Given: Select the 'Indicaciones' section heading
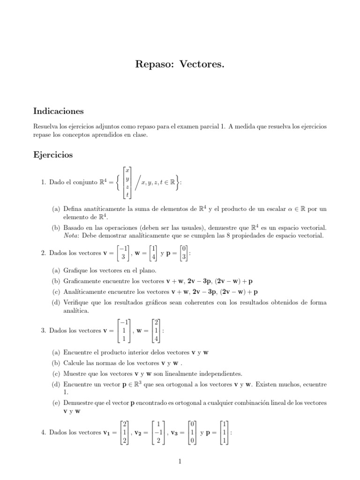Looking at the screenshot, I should [x=58, y=111].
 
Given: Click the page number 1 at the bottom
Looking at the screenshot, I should [x=180, y=461].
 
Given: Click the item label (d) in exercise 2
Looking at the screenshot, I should [x=56, y=302].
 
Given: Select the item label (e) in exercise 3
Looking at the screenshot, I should [x=56, y=403].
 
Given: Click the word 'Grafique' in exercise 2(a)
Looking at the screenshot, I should [x=75, y=270].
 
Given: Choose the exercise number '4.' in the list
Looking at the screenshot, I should [x=44, y=433].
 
